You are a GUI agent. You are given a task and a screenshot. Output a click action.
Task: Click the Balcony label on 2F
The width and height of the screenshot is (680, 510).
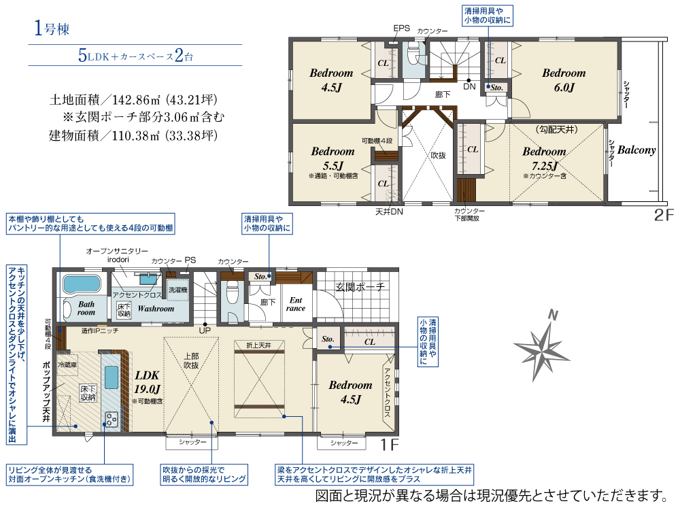(x=636, y=150)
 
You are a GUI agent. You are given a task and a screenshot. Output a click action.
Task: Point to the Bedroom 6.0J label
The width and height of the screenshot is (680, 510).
(x=564, y=80)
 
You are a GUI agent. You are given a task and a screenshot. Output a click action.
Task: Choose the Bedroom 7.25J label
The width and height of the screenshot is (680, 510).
(x=544, y=158)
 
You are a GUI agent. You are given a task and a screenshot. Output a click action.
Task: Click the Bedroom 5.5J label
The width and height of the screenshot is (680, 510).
(x=333, y=158)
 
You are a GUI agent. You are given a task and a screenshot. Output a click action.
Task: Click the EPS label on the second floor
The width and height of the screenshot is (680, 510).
(x=401, y=29)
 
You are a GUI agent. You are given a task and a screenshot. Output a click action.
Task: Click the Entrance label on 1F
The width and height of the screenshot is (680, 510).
(x=296, y=304)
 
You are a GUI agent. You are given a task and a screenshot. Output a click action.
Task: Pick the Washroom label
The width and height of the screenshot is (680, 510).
(x=156, y=308)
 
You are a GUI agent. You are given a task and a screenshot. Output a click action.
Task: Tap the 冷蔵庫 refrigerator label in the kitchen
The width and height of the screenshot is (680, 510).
(x=68, y=365)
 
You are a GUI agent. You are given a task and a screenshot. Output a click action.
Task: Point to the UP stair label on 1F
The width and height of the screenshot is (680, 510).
(x=204, y=330)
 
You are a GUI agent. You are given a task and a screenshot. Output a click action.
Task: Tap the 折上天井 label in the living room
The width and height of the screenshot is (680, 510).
(x=254, y=345)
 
